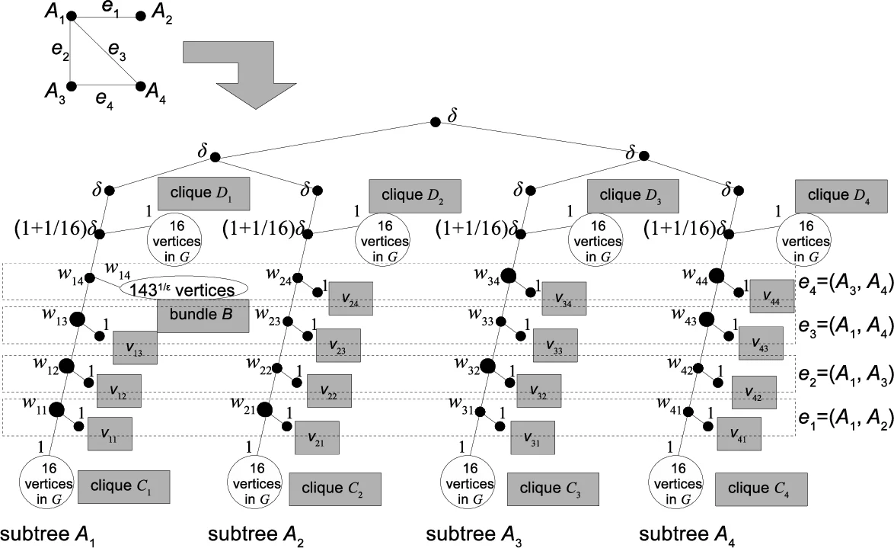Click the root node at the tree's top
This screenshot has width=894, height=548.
click(x=435, y=122)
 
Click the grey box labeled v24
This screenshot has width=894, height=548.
click(x=351, y=298)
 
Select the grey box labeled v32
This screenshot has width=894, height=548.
click(x=538, y=390)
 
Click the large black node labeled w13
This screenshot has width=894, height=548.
click(x=77, y=320)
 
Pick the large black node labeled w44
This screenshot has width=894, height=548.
click(x=716, y=275)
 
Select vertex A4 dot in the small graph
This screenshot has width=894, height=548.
click(x=140, y=87)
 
